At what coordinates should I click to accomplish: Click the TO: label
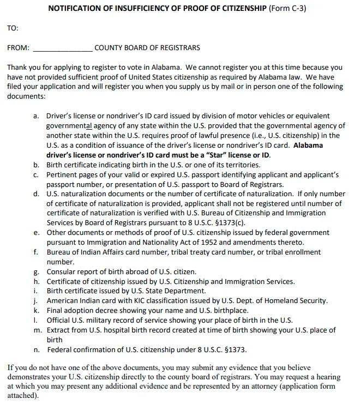13,28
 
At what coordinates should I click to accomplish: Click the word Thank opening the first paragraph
17,68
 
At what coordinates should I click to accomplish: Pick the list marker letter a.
35,116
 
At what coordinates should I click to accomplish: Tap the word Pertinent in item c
63,175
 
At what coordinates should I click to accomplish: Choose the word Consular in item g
62,271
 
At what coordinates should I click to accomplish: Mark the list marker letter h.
35,281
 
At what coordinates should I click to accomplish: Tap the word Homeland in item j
283,301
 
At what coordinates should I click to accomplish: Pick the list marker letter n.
35,349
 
